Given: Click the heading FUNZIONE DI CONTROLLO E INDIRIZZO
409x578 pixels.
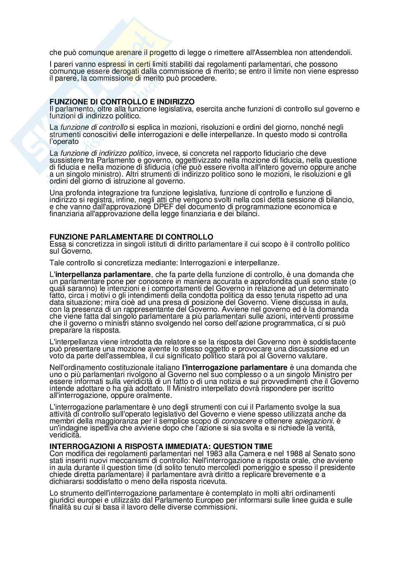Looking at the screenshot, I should pos(122,101).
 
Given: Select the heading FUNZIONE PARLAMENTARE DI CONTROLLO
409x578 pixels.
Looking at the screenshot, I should pos(131,237).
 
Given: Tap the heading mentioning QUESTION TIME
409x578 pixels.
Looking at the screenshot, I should pos(161,446).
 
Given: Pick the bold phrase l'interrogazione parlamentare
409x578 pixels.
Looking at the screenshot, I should pos(235,367).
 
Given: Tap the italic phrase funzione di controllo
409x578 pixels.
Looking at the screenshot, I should pos(94,127).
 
